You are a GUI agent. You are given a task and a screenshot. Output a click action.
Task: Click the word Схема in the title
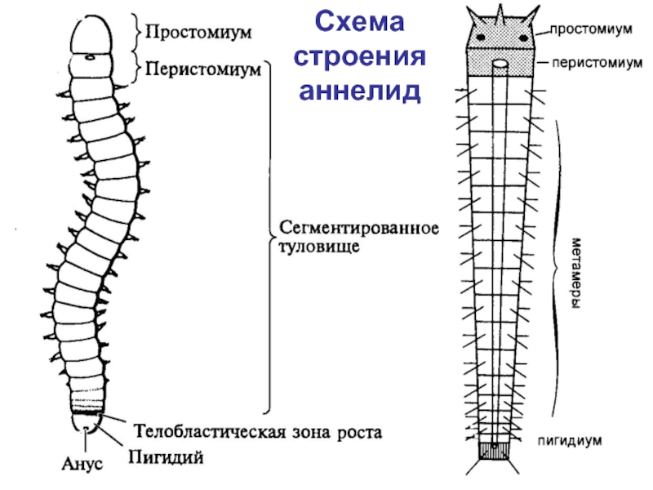click(360, 24)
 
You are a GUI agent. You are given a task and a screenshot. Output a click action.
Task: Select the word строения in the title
click(360, 56)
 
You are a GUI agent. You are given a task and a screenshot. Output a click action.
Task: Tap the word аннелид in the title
click(360, 88)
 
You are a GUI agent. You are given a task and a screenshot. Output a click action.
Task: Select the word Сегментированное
click(360, 226)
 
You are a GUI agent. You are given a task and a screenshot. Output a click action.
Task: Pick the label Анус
click(82, 464)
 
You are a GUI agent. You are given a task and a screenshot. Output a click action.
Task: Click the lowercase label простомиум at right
click(590, 30)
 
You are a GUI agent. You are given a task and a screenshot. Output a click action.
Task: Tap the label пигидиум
click(569, 440)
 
